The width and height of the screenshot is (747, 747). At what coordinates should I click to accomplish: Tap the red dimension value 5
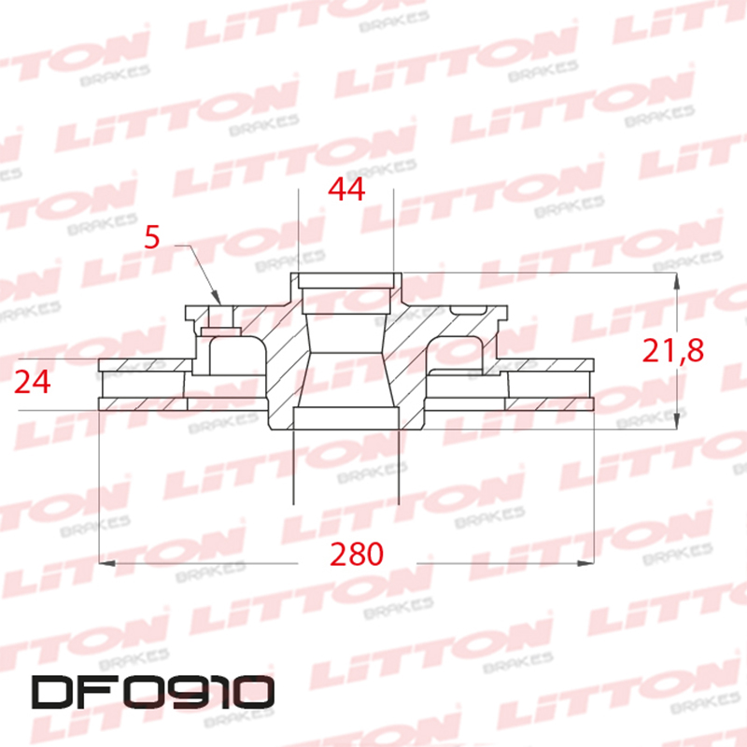tap(153, 237)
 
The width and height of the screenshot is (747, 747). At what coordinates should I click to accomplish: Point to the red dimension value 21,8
tap(672, 351)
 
